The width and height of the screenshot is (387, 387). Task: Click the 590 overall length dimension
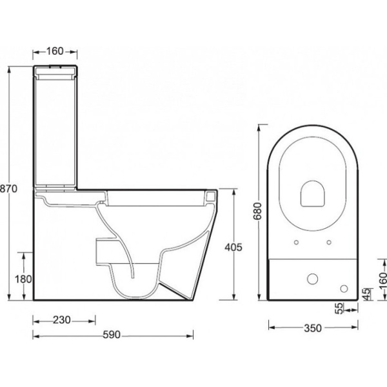(x=111, y=335)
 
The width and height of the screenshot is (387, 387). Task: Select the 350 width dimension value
(x=312, y=328)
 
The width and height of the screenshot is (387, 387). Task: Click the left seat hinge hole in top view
(x=297, y=243)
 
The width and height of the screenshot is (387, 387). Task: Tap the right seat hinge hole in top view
(x=330, y=243)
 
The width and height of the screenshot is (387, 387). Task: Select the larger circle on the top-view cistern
(x=313, y=279)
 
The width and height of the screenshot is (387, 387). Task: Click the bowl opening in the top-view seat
(x=313, y=192)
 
